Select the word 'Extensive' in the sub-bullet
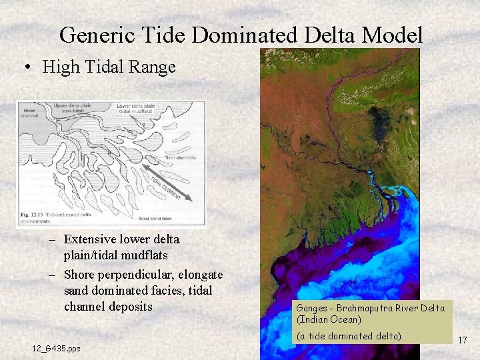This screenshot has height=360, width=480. click(x=88, y=239)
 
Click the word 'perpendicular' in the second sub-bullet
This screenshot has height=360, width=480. click(x=127, y=275)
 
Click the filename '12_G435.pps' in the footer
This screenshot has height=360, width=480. click(x=56, y=349)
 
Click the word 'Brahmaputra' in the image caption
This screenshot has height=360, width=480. click(x=365, y=309)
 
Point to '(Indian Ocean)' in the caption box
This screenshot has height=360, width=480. click(x=329, y=319)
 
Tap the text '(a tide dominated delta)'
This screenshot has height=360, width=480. click(x=349, y=336)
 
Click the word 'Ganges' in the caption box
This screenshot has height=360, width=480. click(x=311, y=309)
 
